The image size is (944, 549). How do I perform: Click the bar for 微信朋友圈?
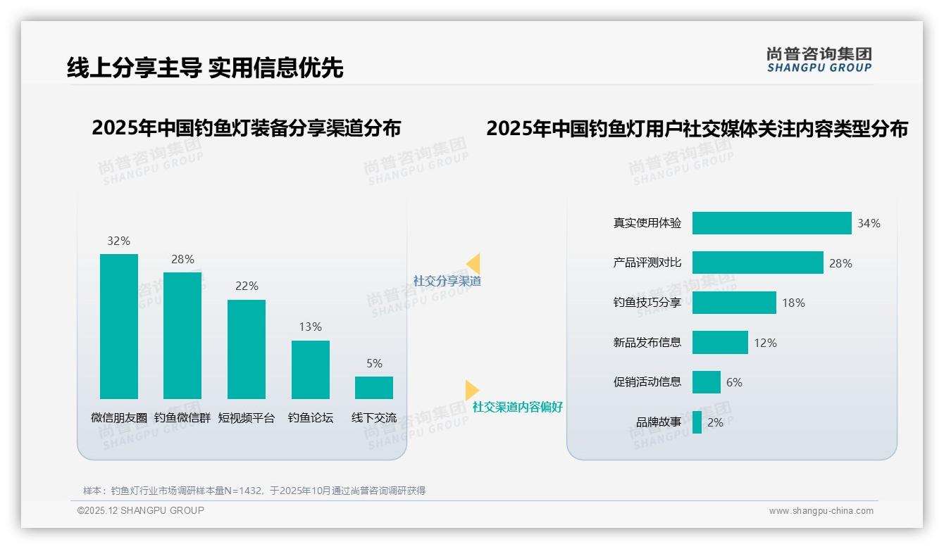[118, 326]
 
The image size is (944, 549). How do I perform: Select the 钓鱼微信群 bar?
[182, 335]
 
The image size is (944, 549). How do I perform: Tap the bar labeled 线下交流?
[374, 388]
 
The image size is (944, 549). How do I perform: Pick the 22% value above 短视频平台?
[247, 286]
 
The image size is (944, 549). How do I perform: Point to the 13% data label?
[310, 327]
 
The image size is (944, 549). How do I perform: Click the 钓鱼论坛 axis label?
[310, 417]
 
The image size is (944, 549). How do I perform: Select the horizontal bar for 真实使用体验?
[771, 223]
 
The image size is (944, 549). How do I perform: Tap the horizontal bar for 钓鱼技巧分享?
[734, 303]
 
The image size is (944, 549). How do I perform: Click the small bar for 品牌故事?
[697, 422]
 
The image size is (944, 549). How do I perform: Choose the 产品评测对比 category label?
[647, 263]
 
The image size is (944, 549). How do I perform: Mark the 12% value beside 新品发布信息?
[765, 343]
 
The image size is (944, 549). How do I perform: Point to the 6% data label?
[734, 382]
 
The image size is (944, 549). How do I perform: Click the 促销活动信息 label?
[647, 382]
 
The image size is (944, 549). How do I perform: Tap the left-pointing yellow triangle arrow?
[473, 264]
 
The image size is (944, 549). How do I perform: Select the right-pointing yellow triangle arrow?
[471, 390]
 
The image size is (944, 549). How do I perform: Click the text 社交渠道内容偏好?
[518, 407]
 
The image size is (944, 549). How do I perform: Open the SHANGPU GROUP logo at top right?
[819, 60]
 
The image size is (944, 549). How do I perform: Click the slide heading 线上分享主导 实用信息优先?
[205, 68]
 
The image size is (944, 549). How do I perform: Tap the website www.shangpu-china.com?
[821, 511]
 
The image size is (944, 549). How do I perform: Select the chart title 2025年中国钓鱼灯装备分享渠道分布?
[246, 128]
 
